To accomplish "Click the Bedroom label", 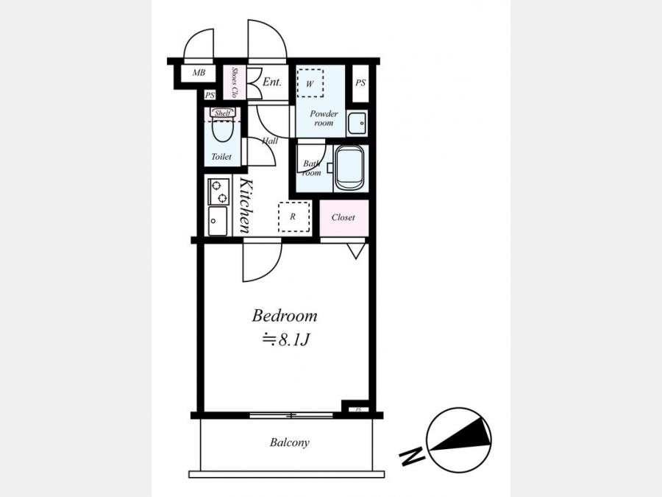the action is pos(285,316).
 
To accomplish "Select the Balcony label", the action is pos(290,443).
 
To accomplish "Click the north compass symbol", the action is pos(458,440).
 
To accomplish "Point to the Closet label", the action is pos(344,217).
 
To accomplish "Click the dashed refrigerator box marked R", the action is pos(293,216).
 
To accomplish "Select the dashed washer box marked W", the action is pos(310,84).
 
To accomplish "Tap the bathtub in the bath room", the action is pos(349,168).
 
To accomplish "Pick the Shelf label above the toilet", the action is pos(222,113).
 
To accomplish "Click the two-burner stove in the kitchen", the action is pos(218,191).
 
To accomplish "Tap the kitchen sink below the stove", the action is pos(218,221).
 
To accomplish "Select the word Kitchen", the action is pos(246,205).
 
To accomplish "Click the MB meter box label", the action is pos(199,73).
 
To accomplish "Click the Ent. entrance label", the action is pos(271,82).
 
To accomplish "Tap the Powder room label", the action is pos(324,119).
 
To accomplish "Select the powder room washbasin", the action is pos(357,123).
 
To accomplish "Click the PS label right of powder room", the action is pos(360,82).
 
